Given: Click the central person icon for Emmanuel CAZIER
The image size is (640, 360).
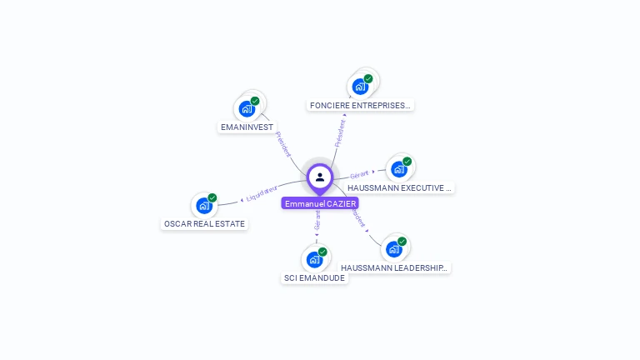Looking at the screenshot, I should (x=320, y=177).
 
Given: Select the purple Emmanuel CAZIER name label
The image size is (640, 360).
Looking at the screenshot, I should (x=320, y=203).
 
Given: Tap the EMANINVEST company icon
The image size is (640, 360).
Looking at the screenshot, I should (x=247, y=108).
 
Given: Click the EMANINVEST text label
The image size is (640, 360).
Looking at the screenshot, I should (x=247, y=127).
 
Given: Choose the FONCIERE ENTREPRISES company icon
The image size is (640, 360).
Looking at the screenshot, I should (x=360, y=86).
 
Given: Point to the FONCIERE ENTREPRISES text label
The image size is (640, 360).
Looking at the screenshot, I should (x=360, y=106).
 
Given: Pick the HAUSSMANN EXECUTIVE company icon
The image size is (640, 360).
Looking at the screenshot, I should (x=398, y=168).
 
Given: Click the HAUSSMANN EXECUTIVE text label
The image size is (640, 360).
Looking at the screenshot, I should (x=400, y=188).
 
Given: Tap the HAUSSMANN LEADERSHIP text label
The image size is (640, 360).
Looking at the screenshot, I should (x=395, y=268).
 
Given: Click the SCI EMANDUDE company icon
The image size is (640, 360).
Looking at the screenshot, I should (x=314, y=258).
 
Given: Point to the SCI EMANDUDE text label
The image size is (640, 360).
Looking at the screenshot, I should (x=314, y=278).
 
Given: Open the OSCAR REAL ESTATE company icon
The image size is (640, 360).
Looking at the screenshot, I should (x=204, y=205).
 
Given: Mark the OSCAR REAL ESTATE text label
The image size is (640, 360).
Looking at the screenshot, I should (x=204, y=224).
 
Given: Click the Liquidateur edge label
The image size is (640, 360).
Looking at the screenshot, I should (x=261, y=193).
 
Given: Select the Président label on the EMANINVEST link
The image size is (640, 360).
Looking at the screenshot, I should (x=283, y=144).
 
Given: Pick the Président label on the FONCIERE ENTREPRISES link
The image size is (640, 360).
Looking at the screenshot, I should (x=341, y=133).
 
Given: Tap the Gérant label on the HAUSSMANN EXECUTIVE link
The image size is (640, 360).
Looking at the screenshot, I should (x=359, y=175).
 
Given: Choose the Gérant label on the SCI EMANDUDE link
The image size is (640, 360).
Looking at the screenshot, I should (x=317, y=220).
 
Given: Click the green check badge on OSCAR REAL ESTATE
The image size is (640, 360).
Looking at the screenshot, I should (x=212, y=198).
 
